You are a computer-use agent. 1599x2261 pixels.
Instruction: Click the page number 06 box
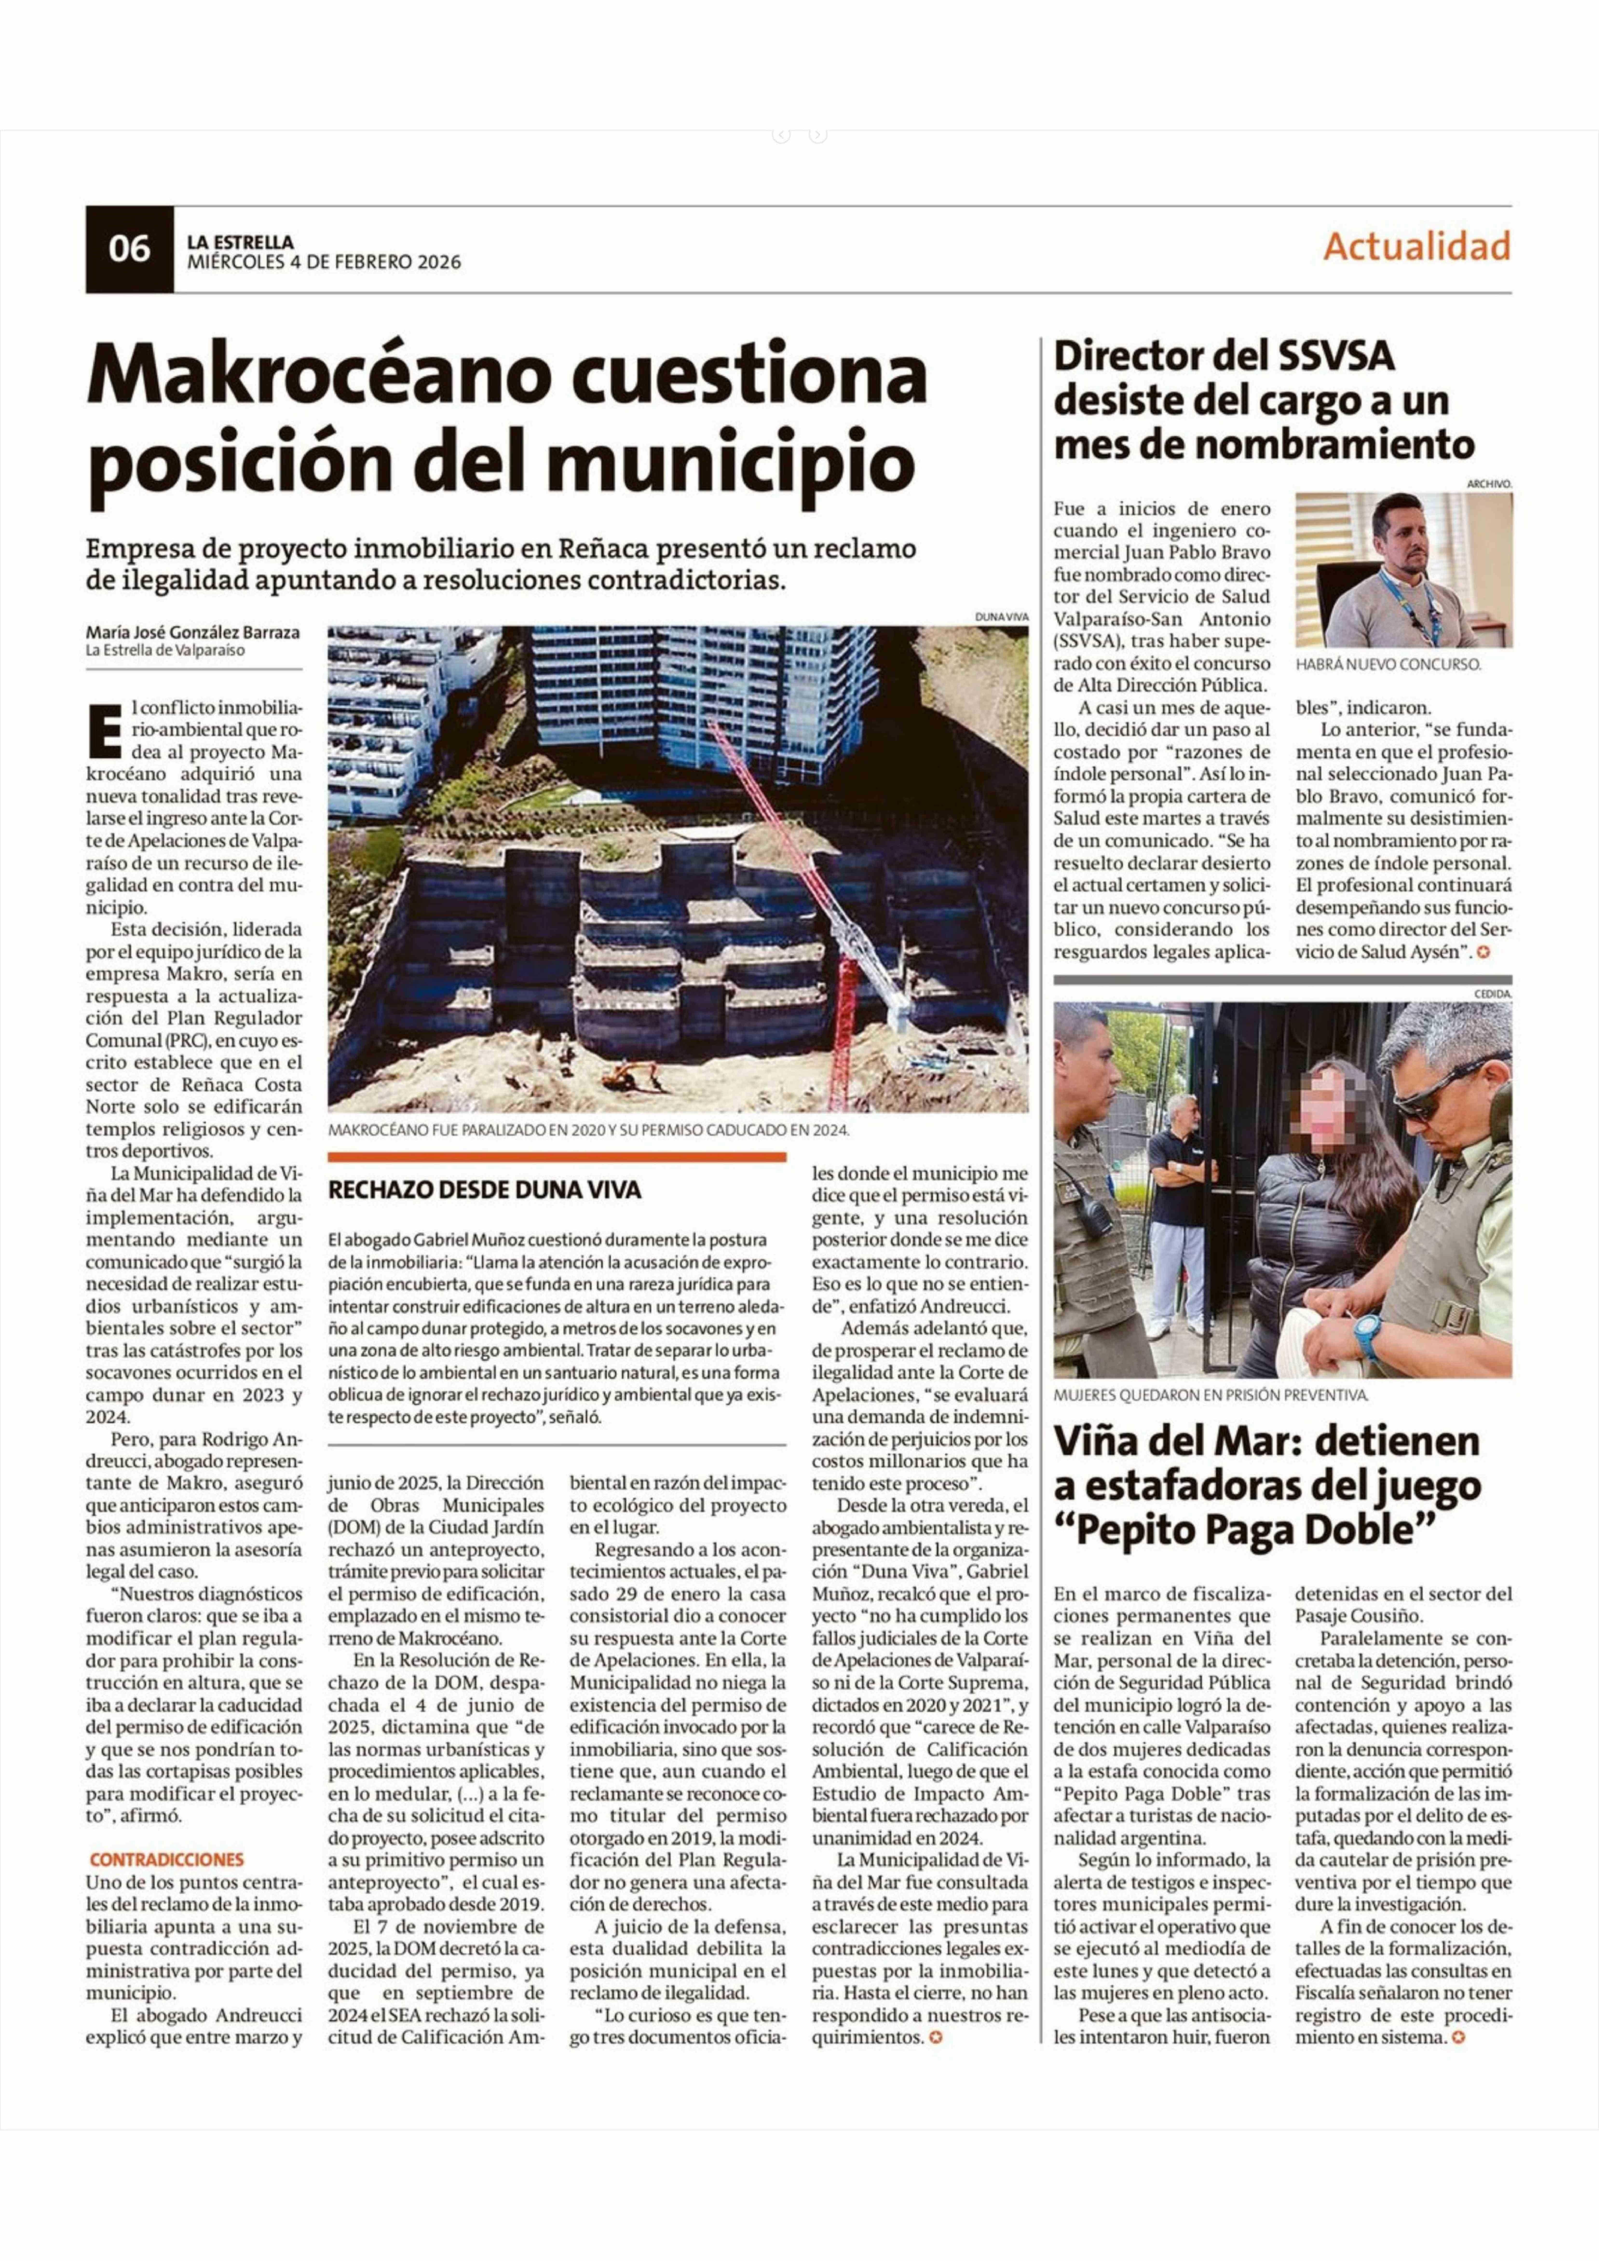tap(129, 249)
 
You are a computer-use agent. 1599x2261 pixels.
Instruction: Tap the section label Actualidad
tap(1416, 246)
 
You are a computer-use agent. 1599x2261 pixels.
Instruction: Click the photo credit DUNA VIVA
tap(1001, 616)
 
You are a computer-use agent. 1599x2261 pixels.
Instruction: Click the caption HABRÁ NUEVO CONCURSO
tap(1387, 665)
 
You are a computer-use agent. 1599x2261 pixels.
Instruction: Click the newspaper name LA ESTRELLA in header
tap(240, 241)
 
